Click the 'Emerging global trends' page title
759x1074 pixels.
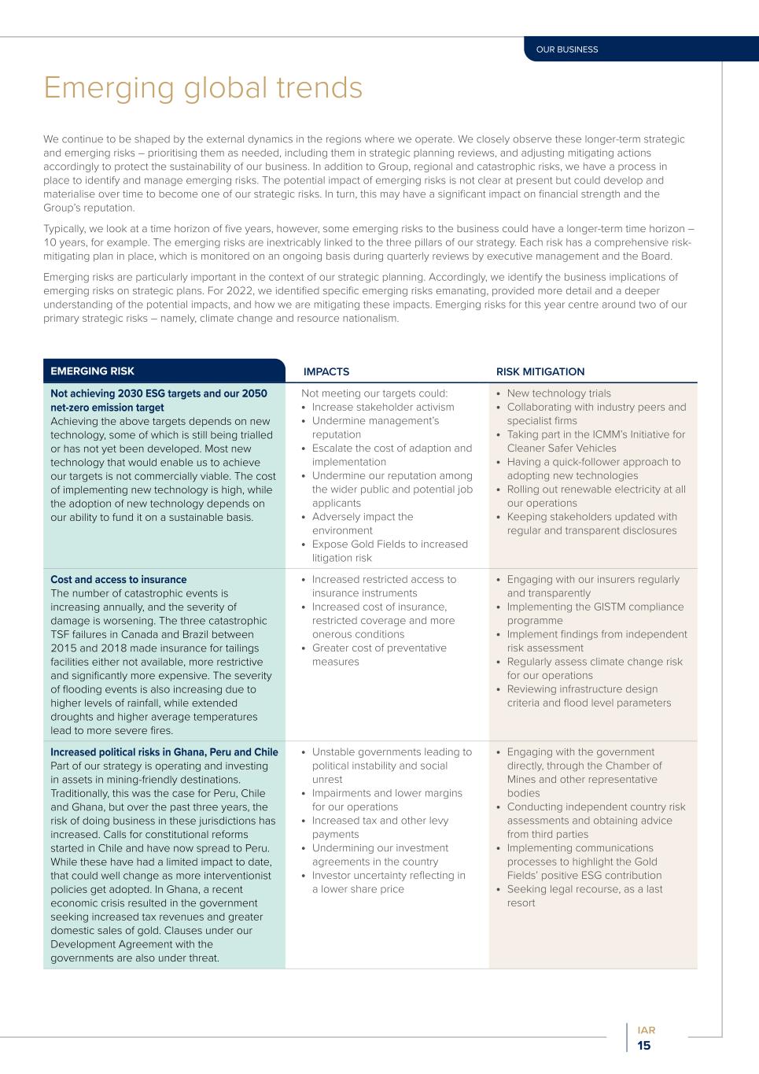203,88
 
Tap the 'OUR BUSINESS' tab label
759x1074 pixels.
566,50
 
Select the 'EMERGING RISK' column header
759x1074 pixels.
92,371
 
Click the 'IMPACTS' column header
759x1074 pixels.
326,371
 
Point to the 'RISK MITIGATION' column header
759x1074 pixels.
540,371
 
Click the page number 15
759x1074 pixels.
644,1046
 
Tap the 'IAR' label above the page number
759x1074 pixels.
646,1030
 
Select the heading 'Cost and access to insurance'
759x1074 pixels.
118,580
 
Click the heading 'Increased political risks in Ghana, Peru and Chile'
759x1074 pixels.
164,752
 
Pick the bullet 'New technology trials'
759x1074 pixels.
558,393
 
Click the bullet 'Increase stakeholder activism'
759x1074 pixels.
383,407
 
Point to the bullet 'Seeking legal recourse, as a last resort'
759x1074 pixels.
584,895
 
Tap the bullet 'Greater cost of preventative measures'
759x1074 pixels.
379,655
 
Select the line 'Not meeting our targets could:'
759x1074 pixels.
374,393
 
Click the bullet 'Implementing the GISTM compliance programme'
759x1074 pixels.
595,614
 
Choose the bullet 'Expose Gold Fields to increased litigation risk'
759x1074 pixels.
389,551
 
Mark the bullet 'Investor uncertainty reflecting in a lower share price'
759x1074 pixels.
389,882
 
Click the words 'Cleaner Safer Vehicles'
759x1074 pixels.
562,448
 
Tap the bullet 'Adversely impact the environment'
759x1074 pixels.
362,523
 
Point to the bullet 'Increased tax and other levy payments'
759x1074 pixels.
380,827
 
